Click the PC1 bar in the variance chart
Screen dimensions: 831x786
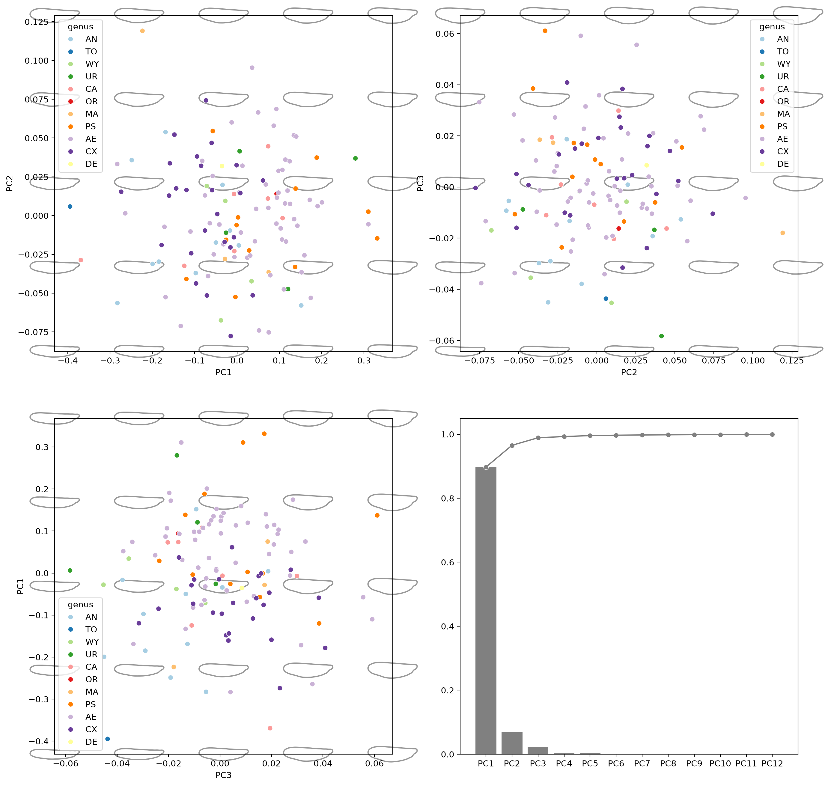(486, 610)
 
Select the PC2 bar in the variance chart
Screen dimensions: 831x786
(512, 743)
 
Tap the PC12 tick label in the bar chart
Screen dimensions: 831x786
(772, 764)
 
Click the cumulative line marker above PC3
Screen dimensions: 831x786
(538, 438)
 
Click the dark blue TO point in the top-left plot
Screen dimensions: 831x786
(70, 207)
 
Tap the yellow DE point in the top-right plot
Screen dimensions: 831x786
(646, 165)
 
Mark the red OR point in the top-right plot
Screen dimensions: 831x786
(618, 228)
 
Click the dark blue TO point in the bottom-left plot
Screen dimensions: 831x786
(107, 739)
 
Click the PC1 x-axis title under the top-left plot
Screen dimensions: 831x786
(223, 372)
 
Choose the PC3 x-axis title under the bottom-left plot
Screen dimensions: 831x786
(223, 775)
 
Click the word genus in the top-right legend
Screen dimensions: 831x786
(772, 27)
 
